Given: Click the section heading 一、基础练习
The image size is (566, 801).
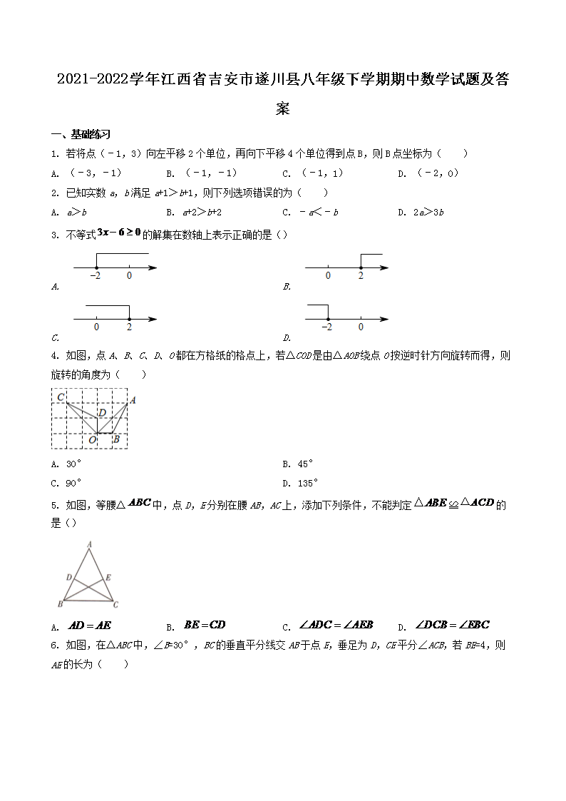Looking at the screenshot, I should [x=81, y=134].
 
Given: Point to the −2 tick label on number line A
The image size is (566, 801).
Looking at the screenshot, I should [x=96, y=276].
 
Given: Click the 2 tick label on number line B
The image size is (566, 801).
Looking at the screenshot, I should [x=361, y=276].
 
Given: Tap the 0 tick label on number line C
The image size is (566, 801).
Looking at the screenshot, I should [x=96, y=327].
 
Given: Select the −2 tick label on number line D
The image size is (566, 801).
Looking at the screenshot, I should [x=326, y=327].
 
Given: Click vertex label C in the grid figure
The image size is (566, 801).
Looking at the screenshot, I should [x=61, y=397].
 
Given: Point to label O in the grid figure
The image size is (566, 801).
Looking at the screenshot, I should [x=92, y=440].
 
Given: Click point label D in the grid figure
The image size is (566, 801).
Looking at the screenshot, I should [x=102, y=412].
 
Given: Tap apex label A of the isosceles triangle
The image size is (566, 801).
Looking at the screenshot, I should [x=89, y=544].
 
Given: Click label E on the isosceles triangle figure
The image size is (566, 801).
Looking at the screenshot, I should [x=108, y=577].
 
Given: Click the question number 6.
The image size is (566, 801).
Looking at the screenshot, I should [x=54, y=645].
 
